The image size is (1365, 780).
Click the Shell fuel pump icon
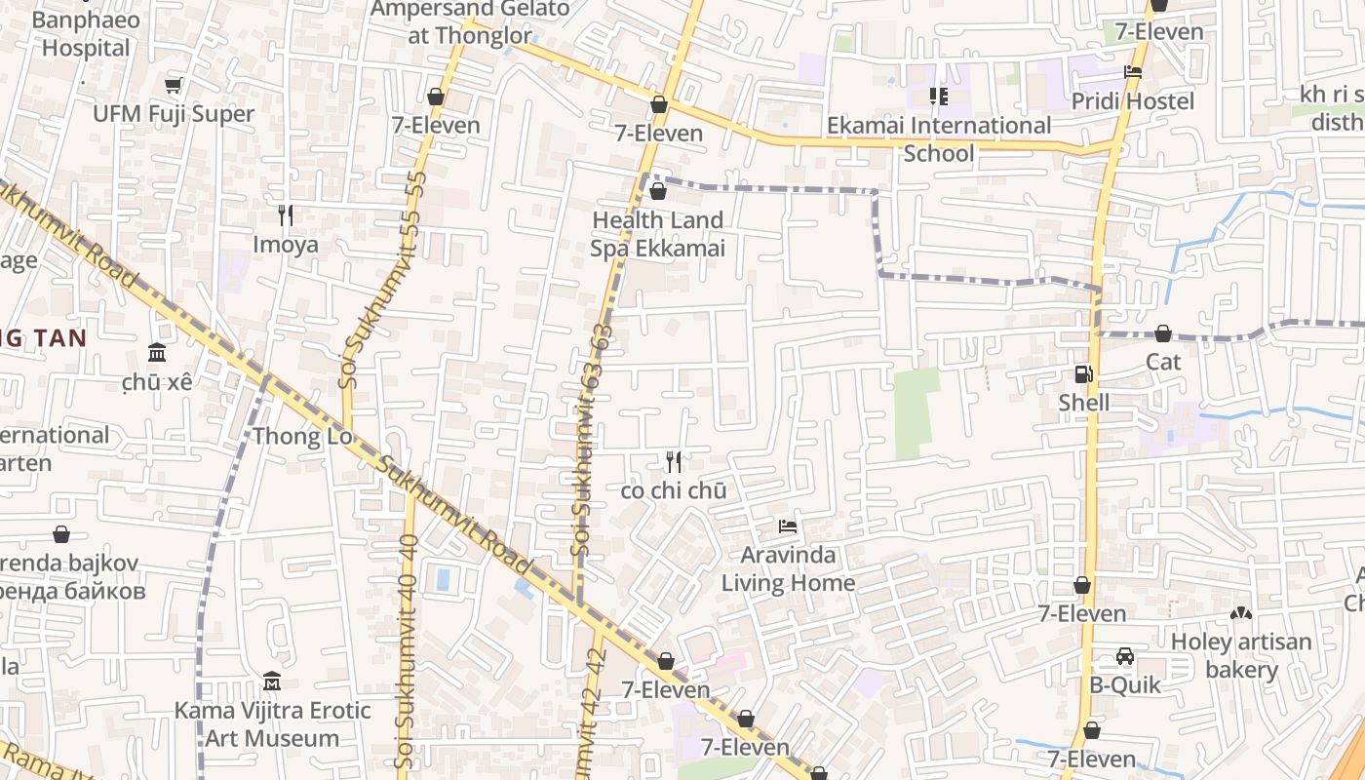[x=1082, y=374]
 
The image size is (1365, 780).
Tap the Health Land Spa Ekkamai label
[x=657, y=234]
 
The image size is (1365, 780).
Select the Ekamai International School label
[x=938, y=138]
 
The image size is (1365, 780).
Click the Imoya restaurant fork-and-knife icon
[x=286, y=215]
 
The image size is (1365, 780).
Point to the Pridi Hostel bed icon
[x=1133, y=72]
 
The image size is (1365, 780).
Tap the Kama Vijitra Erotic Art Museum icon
[x=272, y=681]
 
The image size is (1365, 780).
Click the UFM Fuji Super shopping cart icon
[x=174, y=86]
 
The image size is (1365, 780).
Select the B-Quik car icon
[x=1125, y=656]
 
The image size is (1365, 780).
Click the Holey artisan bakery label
[x=1240, y=655]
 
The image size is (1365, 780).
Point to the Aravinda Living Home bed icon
[x=788, y=527]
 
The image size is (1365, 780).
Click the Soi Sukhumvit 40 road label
[x=409, y=643]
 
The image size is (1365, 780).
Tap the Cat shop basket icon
[x=1162, y=333]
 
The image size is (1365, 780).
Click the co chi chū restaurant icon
[x=673, y=462]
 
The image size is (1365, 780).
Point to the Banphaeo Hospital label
[x=86, y=33]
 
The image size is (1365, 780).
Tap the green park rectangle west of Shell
[x=915, y=413]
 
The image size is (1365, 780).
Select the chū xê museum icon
[x=156, y=353]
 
